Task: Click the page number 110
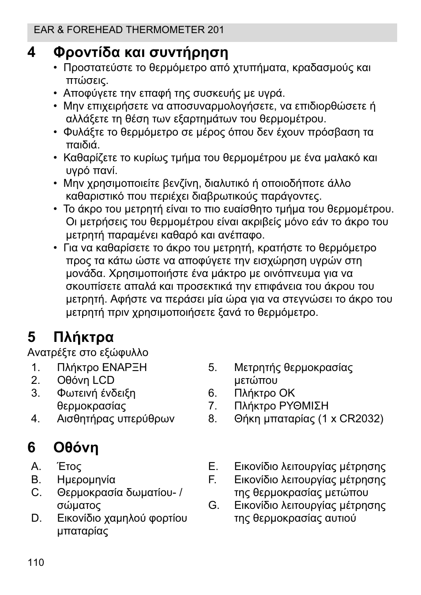36,562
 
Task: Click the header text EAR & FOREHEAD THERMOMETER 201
129,30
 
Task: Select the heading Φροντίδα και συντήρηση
141,53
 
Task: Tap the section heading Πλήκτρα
83,337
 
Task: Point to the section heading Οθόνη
76,447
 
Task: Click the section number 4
31,53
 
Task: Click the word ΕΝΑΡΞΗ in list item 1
124,368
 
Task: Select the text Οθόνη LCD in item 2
86,380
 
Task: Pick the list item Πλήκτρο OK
264,393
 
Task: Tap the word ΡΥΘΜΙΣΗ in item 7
304,406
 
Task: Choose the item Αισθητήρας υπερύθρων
116,419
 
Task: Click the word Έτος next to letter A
69,466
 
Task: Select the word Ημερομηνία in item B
86,480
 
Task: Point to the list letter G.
214,505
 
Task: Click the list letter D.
36,518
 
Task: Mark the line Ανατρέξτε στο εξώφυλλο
88,352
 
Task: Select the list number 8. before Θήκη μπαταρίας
213,419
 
